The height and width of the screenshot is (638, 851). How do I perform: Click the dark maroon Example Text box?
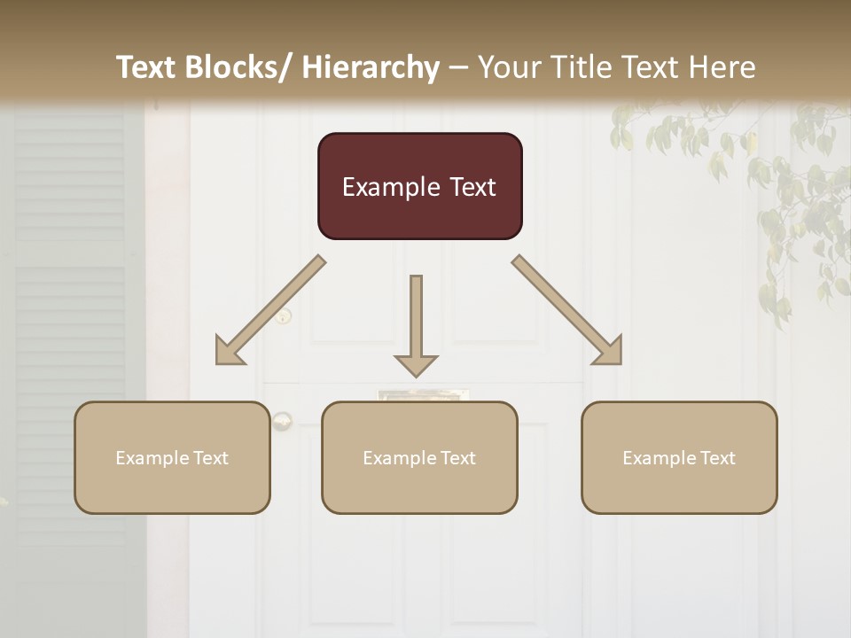[x=419, y=186]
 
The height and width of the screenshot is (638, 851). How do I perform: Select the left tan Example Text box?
[x=172, y=457]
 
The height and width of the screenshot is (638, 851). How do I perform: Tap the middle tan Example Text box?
[x=419, y=457]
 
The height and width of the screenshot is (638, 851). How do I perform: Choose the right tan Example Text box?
[x=679, y=457]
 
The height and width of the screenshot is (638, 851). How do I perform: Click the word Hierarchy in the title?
[x=371, y=68]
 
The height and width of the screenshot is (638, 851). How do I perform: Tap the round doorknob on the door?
[x=282, y=421]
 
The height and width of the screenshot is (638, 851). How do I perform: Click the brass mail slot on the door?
[x=423, y=394]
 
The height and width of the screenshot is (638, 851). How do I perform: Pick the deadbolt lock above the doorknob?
[x=284, y=315]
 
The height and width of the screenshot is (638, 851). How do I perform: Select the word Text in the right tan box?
[x=716, y=457]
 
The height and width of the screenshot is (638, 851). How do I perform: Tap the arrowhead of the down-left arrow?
[x=229, y=351]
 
